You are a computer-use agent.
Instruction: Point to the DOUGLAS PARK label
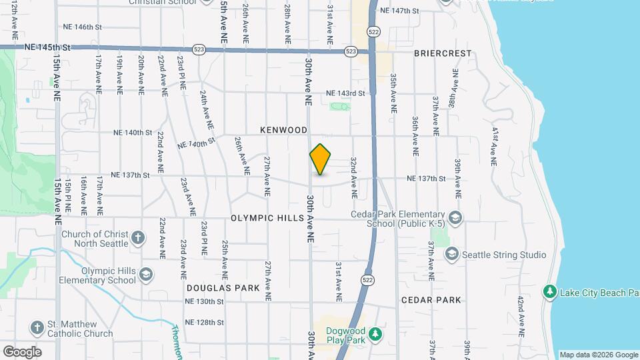tap(223, 288)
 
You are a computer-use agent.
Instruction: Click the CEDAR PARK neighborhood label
tap(431, 300)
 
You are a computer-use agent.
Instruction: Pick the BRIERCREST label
tap(442, 53)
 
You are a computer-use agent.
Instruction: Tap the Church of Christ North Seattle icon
tap(138, 238)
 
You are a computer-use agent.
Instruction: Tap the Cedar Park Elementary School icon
tap(455, 218)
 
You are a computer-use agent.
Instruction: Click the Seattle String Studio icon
tap(452, 255)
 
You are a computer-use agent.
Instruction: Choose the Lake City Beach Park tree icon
tap(549, 291)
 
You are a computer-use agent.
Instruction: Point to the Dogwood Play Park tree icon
tap(375, 333)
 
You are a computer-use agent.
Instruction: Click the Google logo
tap(22, 351)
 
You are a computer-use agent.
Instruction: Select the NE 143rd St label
tap(345, 93)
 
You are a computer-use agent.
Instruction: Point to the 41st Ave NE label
tap(494, 146)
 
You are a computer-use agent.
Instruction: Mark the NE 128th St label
tap(204, 322)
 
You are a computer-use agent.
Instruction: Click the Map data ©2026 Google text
tap(598, 355)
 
